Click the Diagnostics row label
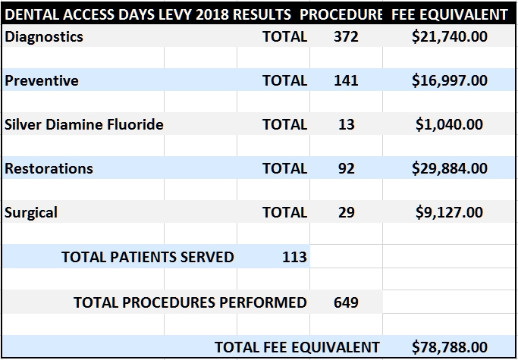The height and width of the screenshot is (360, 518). tap(44, 36)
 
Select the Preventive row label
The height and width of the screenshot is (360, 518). tap(42, 80)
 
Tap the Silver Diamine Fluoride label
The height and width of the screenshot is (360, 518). tap(84, 124)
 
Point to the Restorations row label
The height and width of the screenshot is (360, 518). tap(49, 168)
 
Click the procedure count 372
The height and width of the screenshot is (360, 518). tap(346, 36)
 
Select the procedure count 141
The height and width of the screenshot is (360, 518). tap(346, 80)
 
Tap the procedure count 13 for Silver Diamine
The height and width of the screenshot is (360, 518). tap(346, 124)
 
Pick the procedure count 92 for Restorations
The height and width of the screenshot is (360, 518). tap(346, 168)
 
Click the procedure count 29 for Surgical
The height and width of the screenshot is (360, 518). tap(346, 212)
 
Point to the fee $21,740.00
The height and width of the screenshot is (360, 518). tap(449, 36)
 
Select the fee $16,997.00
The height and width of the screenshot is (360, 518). tap(449, 80)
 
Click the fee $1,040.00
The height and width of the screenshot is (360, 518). tap(449, 124)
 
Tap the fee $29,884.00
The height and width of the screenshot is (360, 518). tap(449, 168)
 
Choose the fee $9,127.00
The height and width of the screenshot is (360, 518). tap(449, 212)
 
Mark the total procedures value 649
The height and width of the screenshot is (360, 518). tap(346, 302)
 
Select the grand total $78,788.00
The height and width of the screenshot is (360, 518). tap(449, 347)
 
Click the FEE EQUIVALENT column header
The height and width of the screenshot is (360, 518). tap(449, 14)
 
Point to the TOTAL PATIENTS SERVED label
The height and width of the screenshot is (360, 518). tap(148, 256)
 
